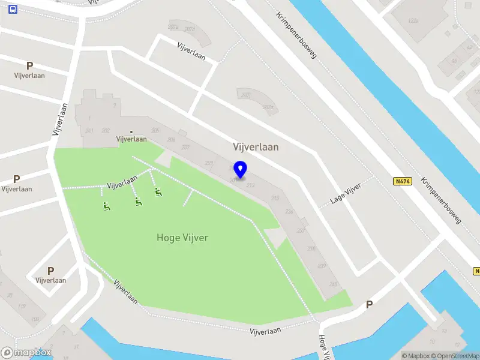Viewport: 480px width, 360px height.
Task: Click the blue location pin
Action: tap(241, 170)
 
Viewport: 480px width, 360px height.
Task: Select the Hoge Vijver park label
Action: tap(182, 238)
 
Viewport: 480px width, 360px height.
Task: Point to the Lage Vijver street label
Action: tap(346, 194)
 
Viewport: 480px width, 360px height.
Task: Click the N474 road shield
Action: tap(401, 181)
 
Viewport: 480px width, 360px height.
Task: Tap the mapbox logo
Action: tap(26, 353)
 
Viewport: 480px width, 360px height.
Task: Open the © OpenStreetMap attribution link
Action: tap(455, 356)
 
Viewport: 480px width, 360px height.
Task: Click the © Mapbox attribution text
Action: tap(416, 356)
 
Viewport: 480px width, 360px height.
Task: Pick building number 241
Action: tap(89, 130)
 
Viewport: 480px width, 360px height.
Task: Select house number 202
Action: tap(106, 130)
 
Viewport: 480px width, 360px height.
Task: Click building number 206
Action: tap(171, 140)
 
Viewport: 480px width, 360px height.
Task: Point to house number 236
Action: tap(289, 211)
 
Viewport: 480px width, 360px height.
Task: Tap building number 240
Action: tap(334, 284)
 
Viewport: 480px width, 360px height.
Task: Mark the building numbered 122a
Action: tap(413, 20)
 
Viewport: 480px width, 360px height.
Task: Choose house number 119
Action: tap(22, 307)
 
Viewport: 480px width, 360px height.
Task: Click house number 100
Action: tap(35, 319)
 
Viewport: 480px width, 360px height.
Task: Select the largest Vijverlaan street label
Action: tap(256, 146)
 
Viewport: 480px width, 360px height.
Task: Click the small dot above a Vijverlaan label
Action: tap(131, 131)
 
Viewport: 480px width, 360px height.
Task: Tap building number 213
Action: tap(251, 186)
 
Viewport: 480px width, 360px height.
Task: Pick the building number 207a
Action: tap(268, 107)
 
